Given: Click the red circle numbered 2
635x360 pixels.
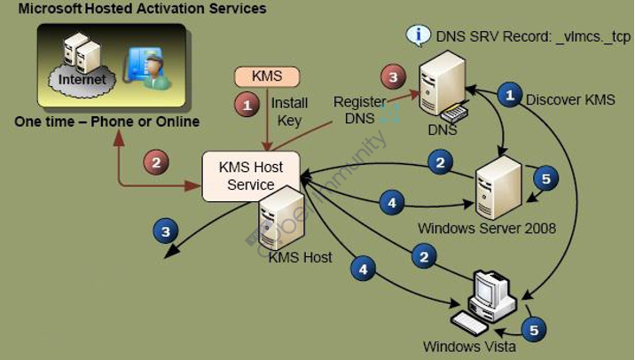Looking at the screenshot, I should [x=156, y=162].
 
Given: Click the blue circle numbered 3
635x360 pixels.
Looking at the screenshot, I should [x=164, y=231].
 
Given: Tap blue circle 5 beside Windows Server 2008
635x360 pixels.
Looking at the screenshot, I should [x=545, y=179].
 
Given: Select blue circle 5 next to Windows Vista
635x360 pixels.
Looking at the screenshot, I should [x=534, y=330].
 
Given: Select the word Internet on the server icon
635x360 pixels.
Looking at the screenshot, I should [x=82, y=80].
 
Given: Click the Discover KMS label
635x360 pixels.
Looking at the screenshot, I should [x=570, y=99].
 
